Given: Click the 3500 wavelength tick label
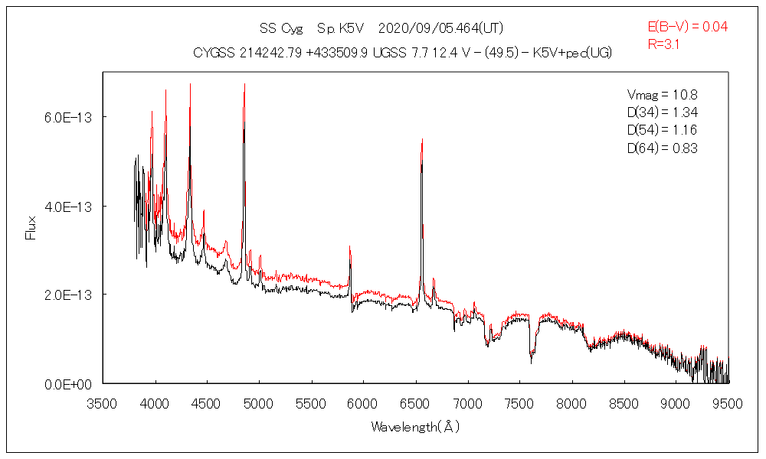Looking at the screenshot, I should point(103,402).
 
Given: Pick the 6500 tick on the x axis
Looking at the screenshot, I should point(415,402).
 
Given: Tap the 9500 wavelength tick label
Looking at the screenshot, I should point(728,402).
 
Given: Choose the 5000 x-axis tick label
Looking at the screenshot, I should point(259,402).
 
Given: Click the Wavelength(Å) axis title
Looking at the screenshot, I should point(415,426).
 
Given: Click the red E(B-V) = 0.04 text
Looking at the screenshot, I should point(688,27).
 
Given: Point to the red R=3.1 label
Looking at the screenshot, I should point(664,44).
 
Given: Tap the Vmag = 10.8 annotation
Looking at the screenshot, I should point(663,96).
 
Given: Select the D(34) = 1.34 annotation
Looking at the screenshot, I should point(663,113).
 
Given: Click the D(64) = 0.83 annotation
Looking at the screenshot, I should point(663,148).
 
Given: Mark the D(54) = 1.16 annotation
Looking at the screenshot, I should point(663,131).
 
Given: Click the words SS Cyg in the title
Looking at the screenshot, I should point(281,29).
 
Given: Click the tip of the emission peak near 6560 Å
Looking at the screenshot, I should point(422,140).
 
